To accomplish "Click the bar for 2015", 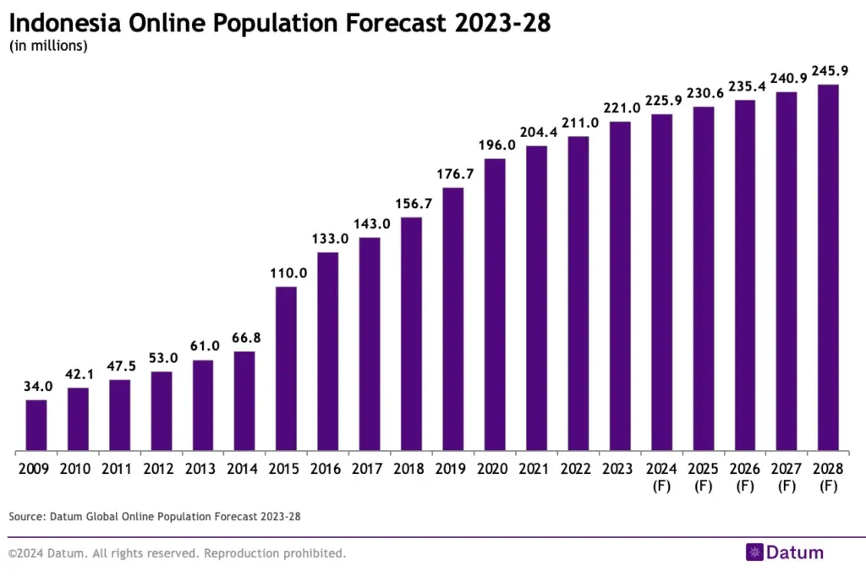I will tap(286, 369).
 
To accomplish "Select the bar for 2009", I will tap(36, 426).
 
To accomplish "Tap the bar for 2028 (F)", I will tap(827, 267).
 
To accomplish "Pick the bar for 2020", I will tap(495, 305).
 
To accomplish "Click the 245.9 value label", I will tap(827, 71).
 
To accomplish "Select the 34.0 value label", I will tap(36, 387).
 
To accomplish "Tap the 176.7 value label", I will tap(453, 174).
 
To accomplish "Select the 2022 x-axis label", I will tap(578, 468).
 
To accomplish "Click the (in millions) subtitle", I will tap(48, 47).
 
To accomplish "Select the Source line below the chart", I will tap(155, 515).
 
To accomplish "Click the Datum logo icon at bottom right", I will tap(754, 552).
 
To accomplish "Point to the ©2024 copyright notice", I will tap(177, 553).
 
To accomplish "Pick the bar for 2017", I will tap(370, 344).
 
